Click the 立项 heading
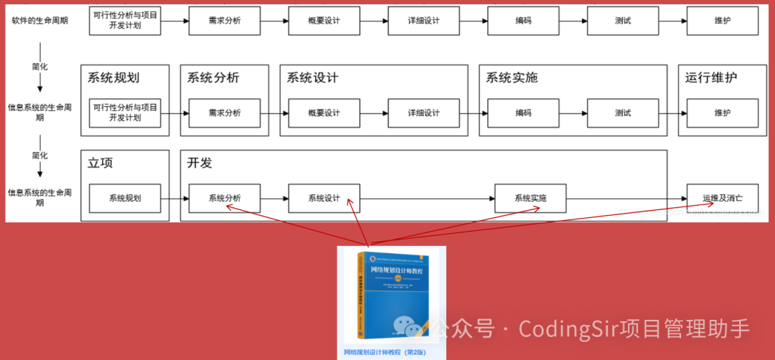[x=100, y=163]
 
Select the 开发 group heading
[x=200, y=163]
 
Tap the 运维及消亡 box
[x=722, y=198]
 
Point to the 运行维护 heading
[x=711, y=77]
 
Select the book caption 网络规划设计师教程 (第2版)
[x=385, y=352]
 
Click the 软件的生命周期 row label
[x=40, y=20]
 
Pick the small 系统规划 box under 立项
[x=125, y=198]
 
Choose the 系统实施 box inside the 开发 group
[x=530, y=198]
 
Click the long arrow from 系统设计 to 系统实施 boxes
[x=427, y=198]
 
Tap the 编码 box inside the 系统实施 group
[x=523, y=113]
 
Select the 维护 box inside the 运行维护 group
[x=722, y=113]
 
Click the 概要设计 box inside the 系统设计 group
[x=324, y=113]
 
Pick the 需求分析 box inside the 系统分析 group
[x=225, y=113]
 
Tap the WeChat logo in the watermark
[x=413, y=326]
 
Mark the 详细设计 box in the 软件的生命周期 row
[x=423, y=21]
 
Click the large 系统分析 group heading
[x=213, y=77]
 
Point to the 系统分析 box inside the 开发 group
[x=225, y=198]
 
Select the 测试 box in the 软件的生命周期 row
[x=622, y=21]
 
